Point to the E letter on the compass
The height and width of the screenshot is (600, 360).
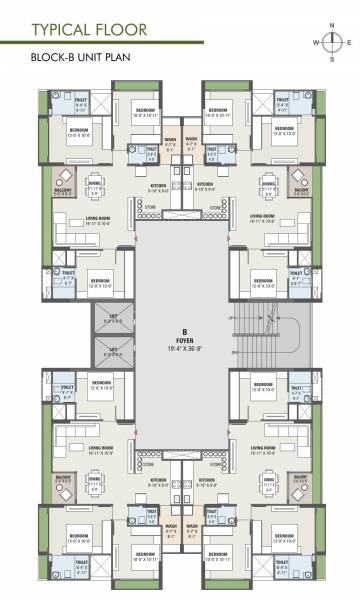click(349, 42)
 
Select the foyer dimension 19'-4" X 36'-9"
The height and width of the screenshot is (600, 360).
click(185, 349)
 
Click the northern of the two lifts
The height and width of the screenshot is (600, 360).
click(112, 320)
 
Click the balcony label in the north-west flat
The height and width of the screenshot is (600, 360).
click(62, 191)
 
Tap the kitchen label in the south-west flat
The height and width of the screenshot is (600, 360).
click(158, 481)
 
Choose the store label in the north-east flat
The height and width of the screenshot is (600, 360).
click(216, 209)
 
